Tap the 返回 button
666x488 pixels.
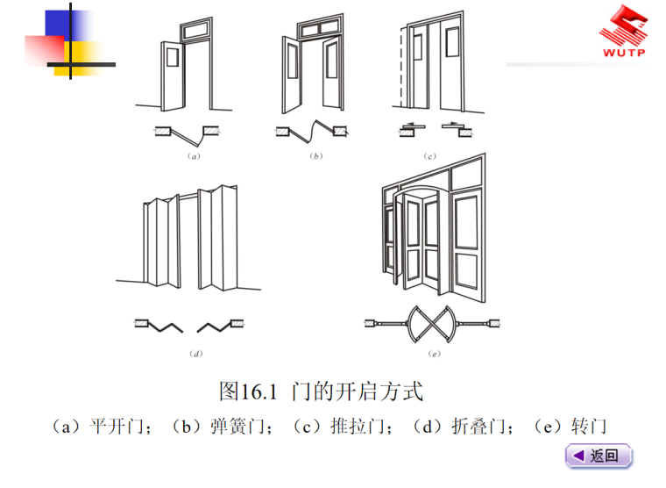pyautogui.click(x=599, y=456)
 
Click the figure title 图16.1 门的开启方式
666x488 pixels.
pyautogui.click(x=321, y=391)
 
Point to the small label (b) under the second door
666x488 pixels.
pyautogui.click(x=315, y=155)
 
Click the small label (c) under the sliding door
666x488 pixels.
pyautogui.click(x=430, y=155)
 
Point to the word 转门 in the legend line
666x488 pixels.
pyautogui.click(x=588, y=427)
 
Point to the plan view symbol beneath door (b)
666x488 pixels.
pyautogui.click(x=312, y=133)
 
